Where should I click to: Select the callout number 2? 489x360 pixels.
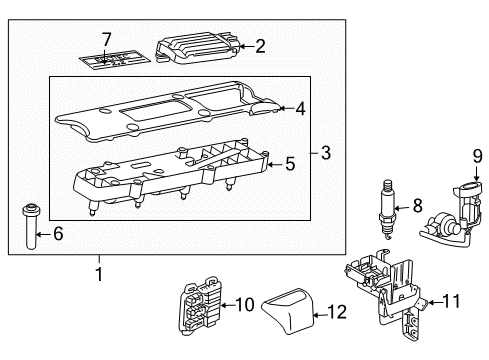(259, 44)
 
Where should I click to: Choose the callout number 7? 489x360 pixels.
(106, 39)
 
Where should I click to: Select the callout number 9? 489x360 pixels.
(477, 156)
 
